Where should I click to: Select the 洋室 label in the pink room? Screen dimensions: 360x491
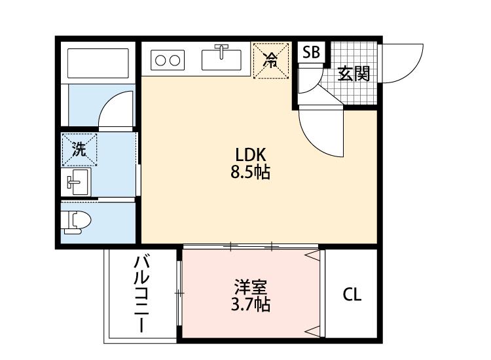coord(251,287)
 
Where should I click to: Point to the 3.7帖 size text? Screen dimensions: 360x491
coord(251,304)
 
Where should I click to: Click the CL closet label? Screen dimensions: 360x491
coord(352,295)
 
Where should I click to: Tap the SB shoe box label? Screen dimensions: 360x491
coord(312,53)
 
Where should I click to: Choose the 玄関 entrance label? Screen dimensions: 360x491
coord(354,73)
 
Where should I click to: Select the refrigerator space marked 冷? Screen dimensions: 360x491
coord(270,60)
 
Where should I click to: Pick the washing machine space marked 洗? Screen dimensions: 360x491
coord(79,150)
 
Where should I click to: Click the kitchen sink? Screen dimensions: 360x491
coord(223,58)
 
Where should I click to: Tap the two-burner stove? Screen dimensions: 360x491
coord(168,60)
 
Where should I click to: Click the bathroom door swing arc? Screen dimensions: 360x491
coord(117,108)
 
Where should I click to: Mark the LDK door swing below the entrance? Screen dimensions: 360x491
coord(321,131)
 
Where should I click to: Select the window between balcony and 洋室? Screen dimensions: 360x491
coord(179,293)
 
